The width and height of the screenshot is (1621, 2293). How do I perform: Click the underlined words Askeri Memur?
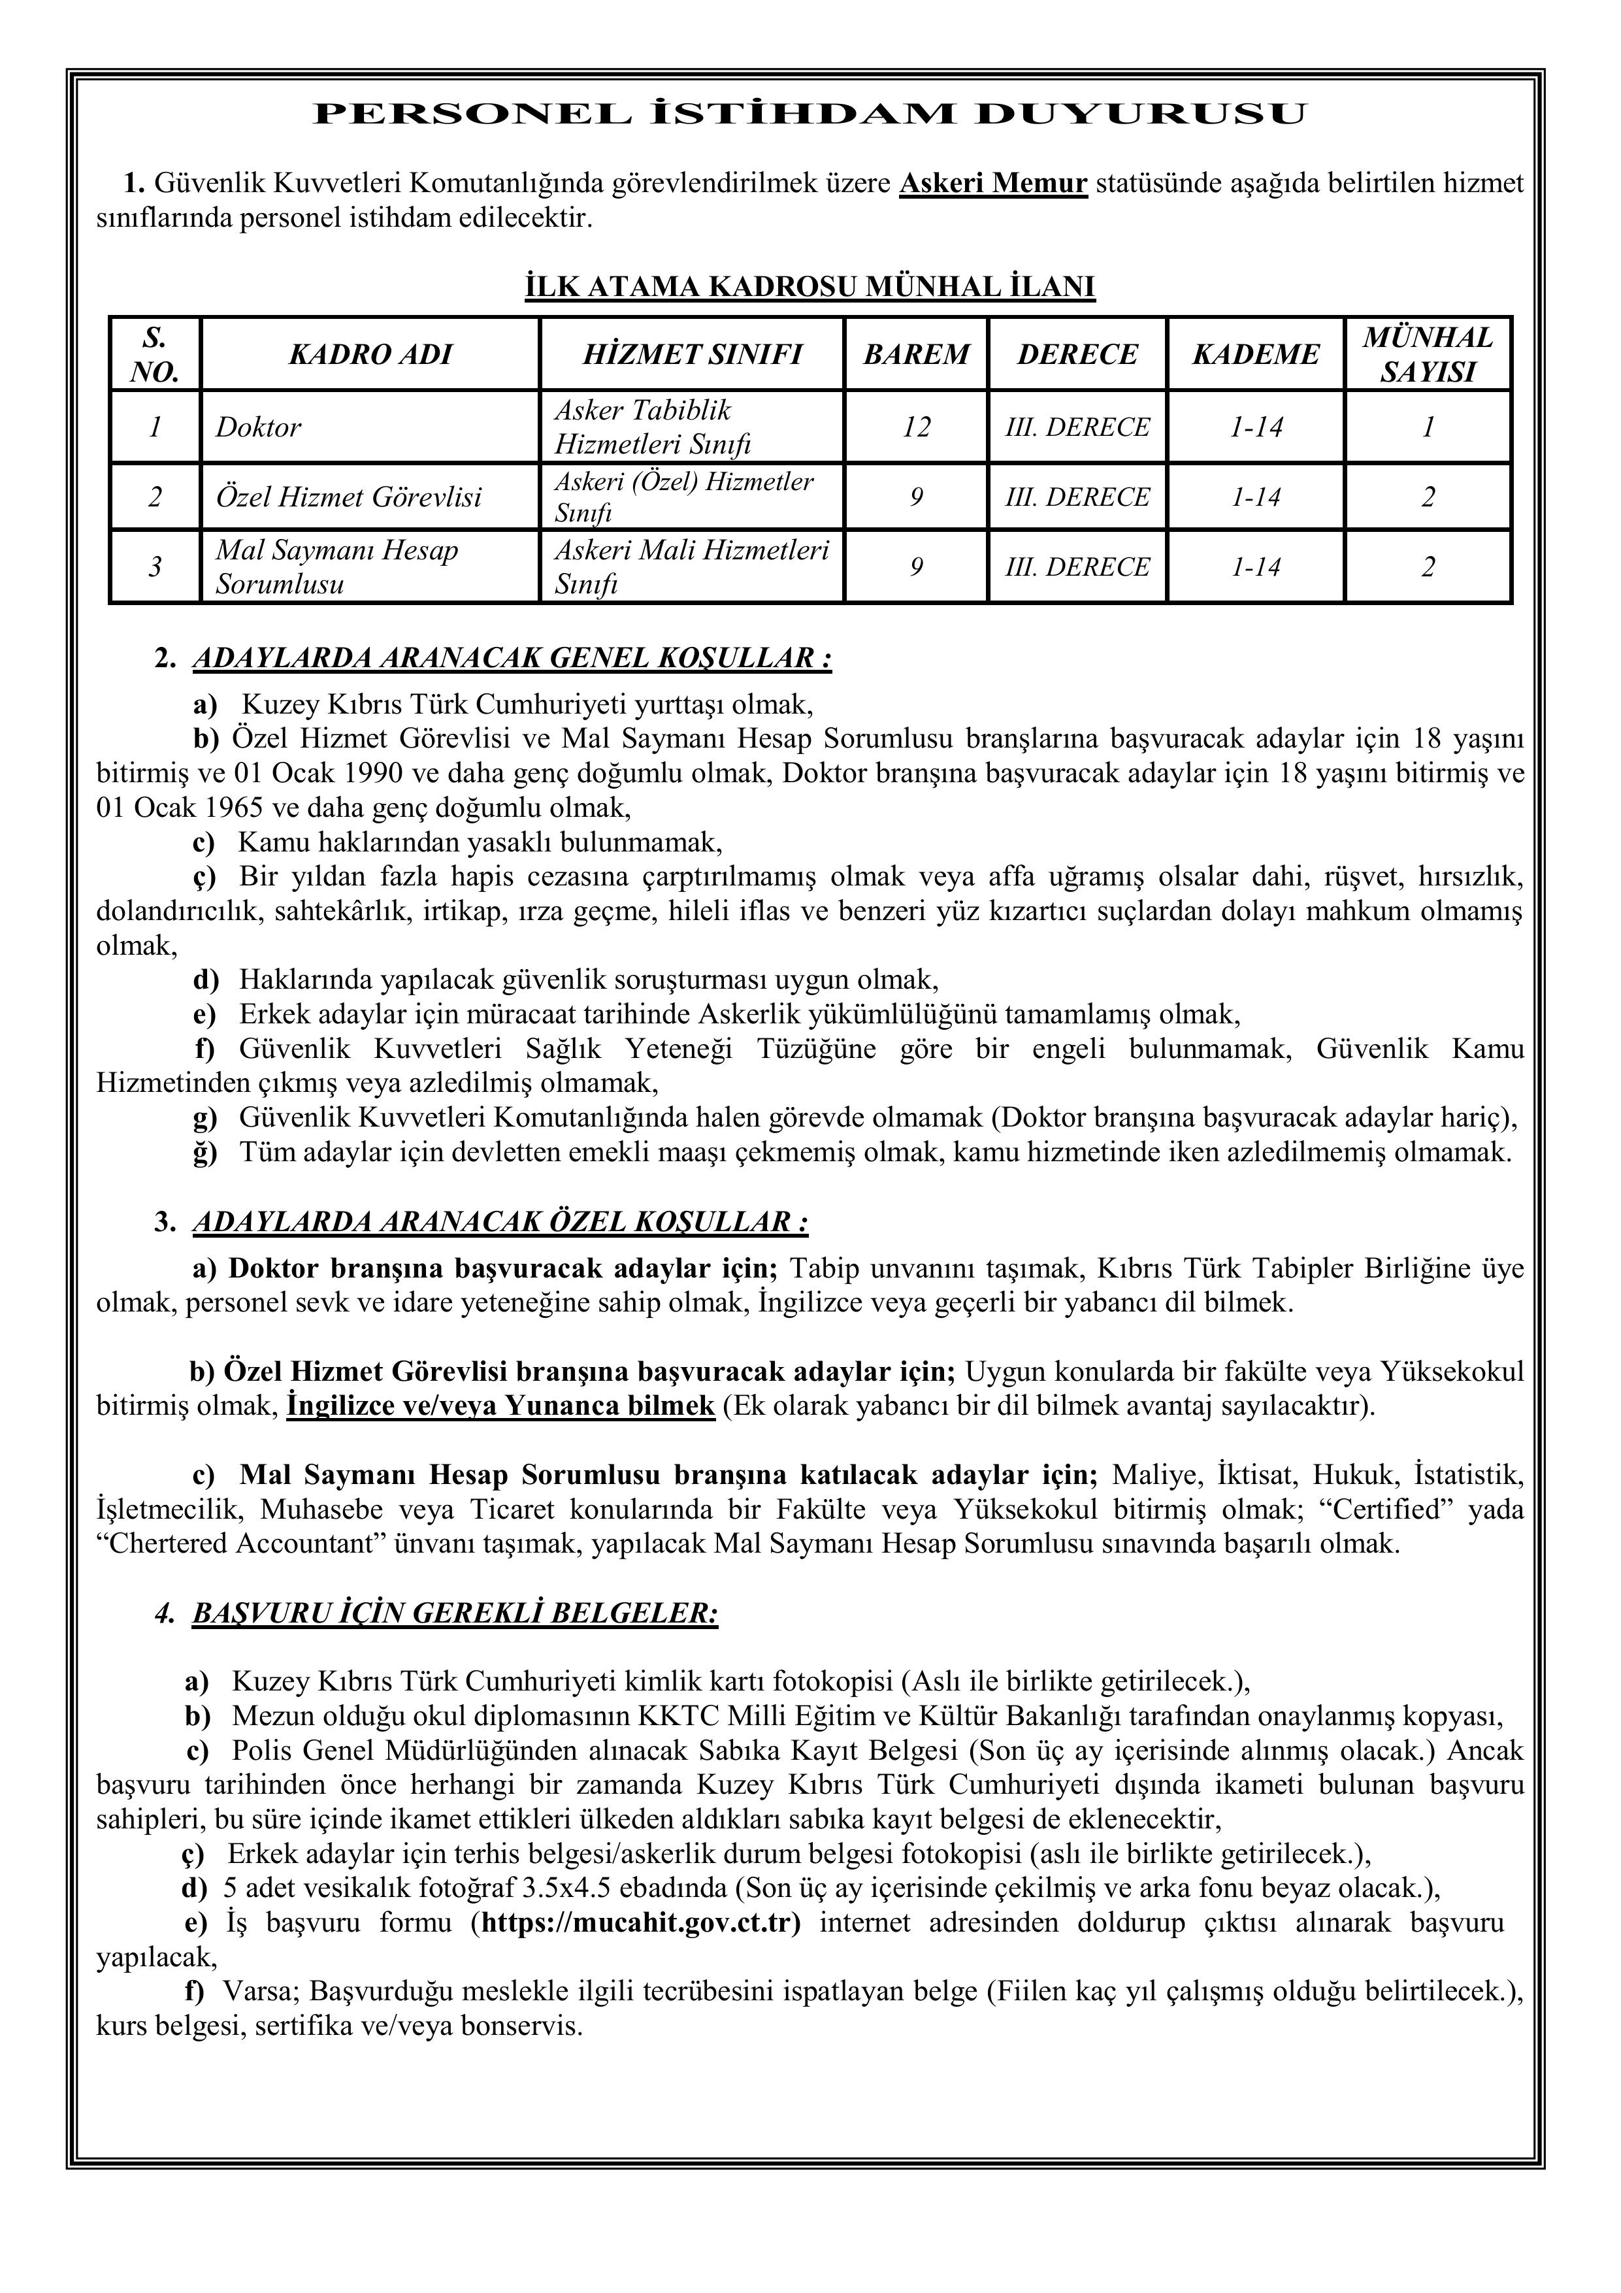tap(992, 184)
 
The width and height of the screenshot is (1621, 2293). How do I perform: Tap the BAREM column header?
tap(916, 355)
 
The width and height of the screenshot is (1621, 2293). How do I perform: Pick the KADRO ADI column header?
tap(370, 355)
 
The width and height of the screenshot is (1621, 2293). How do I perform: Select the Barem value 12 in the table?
tap(916, 427)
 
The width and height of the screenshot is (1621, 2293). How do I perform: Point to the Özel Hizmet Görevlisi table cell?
tap(348, 497)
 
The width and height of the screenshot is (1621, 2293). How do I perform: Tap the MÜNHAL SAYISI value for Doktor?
tap(1427, 427)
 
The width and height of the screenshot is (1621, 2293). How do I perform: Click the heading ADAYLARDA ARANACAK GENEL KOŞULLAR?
tap(512, 659)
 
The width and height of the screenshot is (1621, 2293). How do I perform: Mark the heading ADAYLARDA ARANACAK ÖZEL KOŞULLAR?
tap(499, 1223)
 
